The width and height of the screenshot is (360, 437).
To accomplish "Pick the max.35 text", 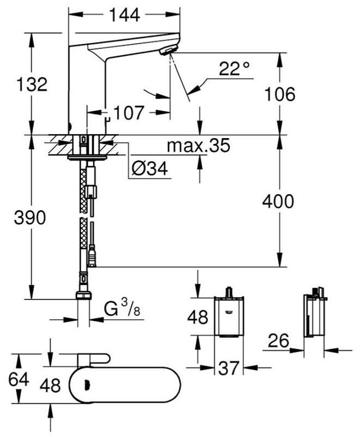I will pyautogui.click(x=199, y=146).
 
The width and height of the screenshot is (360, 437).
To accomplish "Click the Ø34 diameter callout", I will pyautogui.click(x=149, y=170).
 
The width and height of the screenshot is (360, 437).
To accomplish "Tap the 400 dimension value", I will pyautogui.click(x=278, y=201).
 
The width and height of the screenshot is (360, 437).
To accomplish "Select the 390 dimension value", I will pyautogui.click(x=31, y=218).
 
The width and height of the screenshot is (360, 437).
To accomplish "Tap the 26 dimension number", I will pyautogui.click(x=278, y=341).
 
